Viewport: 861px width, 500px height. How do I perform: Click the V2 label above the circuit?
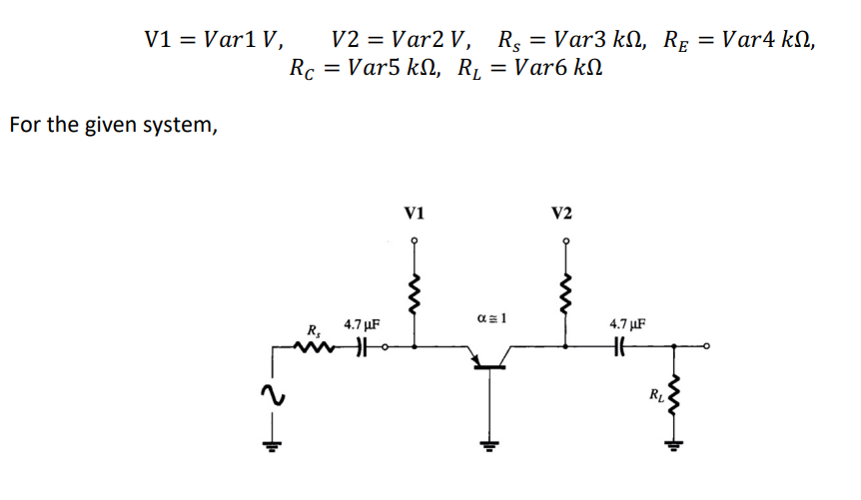(562, 213)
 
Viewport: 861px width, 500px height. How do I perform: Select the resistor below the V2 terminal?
(565, 291)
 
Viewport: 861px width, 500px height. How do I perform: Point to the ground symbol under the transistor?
(488, 445)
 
